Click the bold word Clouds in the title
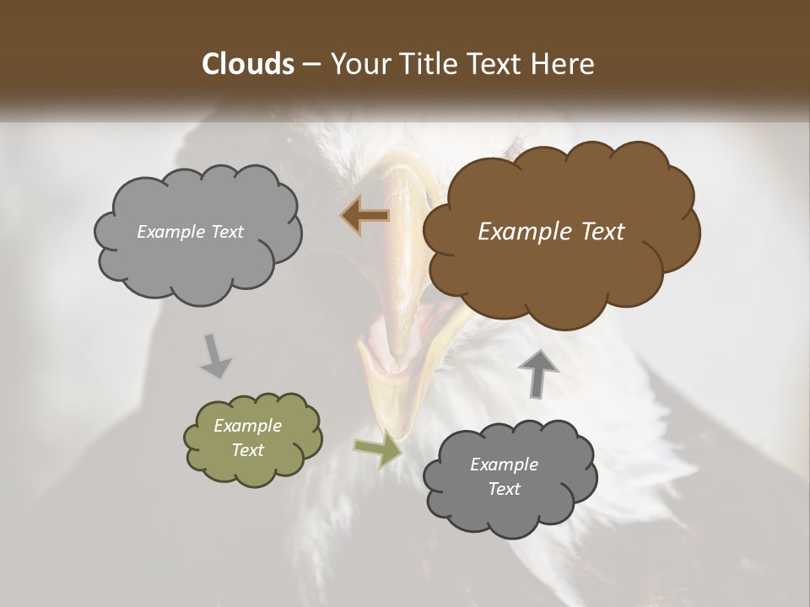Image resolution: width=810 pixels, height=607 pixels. tap(247, 64)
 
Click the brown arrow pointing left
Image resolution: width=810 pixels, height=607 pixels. tap(364, 216)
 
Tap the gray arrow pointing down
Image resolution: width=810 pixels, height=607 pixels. tap(214, 355)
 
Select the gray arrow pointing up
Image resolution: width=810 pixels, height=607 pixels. tap(538, 373)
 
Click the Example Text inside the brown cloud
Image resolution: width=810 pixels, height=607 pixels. tap(551, 232)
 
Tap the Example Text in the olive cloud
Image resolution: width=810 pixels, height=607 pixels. tap(247, 438)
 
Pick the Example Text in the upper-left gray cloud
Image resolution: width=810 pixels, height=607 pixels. tap(190, 232)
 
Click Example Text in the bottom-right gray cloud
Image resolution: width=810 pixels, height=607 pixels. tap(504, 476)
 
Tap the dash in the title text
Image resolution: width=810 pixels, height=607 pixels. tap(310, 65)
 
